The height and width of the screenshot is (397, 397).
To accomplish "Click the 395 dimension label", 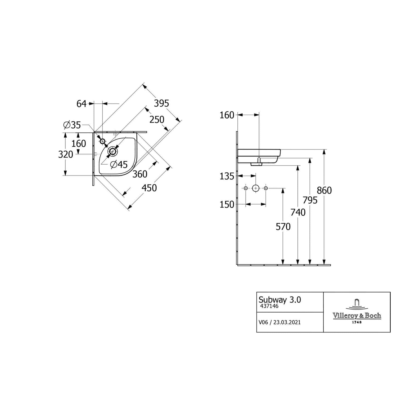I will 161,103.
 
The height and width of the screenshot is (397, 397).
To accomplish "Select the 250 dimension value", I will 157,120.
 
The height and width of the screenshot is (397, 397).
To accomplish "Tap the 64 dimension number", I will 82,104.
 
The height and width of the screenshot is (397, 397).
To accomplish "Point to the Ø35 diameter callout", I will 72,125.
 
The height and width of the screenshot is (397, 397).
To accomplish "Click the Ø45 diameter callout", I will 119,165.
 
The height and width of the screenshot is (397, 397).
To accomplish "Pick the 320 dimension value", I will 66,154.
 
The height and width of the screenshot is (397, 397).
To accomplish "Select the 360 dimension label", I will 140,174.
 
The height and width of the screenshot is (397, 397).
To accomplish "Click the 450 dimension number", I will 149,188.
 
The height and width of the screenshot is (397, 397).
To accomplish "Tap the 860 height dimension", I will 324,190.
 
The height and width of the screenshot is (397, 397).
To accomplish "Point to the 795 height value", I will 310,200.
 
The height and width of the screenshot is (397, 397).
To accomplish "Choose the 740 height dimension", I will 298,212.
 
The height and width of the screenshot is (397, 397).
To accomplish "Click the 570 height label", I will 283,227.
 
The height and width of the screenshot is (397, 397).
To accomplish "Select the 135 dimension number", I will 227,176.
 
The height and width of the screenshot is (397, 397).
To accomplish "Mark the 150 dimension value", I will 227,205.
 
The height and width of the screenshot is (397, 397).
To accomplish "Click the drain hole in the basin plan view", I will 113,151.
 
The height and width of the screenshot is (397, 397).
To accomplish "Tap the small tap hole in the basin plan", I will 103,141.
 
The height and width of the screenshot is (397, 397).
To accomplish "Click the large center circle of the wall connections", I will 255,188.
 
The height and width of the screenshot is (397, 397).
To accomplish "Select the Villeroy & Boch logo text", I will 357,315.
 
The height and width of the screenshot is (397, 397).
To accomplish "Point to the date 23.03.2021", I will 287,322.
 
